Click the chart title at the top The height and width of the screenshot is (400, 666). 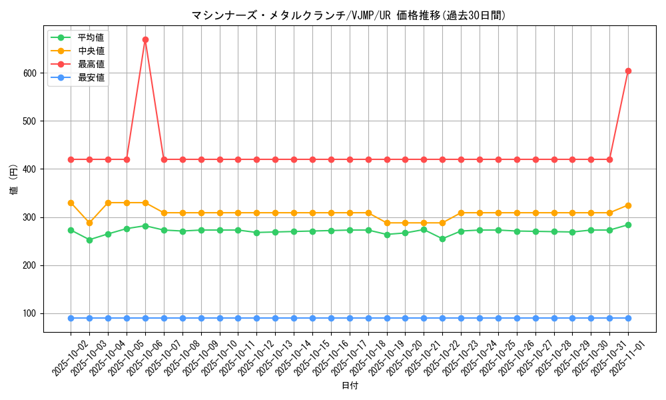[348, 15]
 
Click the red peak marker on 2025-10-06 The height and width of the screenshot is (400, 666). [145, 39]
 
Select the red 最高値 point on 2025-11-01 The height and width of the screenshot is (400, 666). [628, 71]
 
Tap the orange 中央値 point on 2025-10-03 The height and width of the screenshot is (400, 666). [89, 223]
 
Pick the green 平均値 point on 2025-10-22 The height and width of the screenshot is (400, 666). [442, 239]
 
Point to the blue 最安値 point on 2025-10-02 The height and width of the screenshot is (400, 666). [71, 318]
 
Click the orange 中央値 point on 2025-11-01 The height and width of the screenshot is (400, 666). [628, 205]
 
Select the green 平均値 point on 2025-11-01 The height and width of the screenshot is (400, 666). [628, 225]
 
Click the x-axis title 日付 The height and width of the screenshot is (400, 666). [350, 386]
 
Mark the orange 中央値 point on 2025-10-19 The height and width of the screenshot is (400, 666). [387, 223]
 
